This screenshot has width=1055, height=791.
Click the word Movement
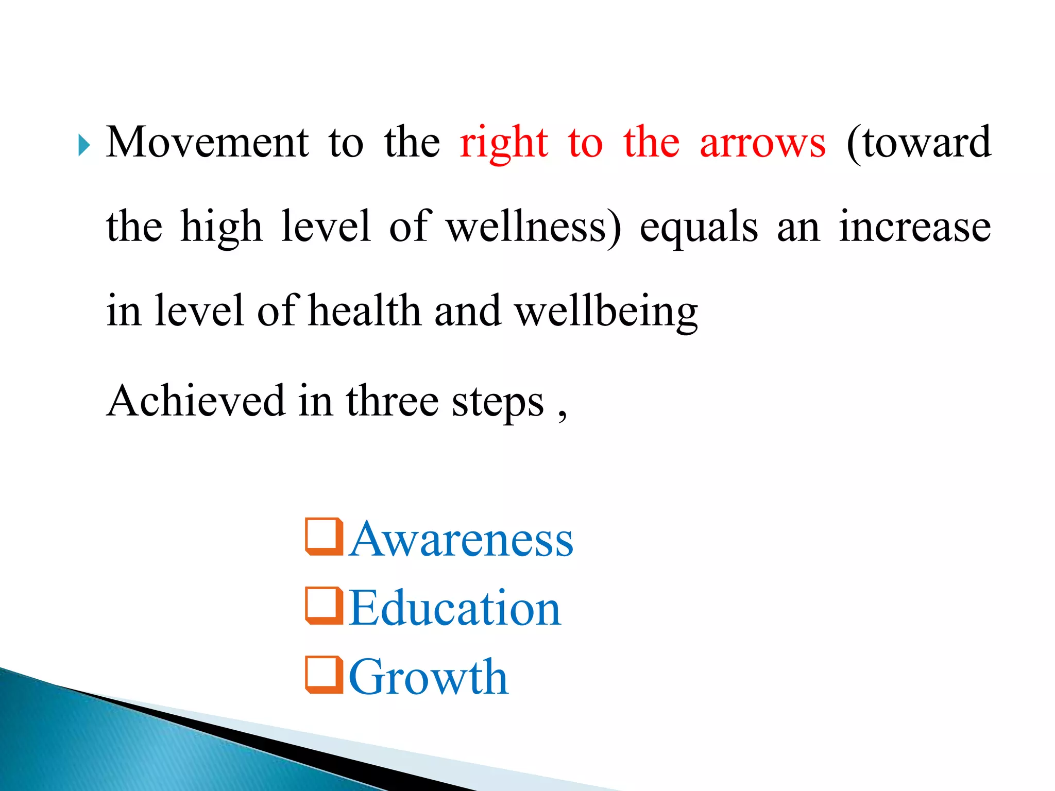[x=207, y=142]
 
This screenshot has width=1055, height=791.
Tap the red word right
[x=504, y=143]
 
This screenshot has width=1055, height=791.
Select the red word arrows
[x=762, y=143]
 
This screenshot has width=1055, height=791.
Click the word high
[x=222, y=228]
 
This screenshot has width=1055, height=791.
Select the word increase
[x=914, y=227]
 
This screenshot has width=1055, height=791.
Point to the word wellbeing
[x=607, y=312]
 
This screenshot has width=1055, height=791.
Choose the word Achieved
[x=196, y=401]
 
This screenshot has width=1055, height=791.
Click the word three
[x=393, y=401]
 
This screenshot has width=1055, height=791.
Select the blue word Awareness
[x=461, y=539]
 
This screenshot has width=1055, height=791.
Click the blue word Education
[x=454, y=608]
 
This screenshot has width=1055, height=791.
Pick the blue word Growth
[x=429, y=677]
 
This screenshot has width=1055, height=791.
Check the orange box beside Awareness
[x=324, y=537]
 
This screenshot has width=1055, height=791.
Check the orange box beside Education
[x=324, y=606]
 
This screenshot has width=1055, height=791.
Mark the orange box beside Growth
[x=324, y=675]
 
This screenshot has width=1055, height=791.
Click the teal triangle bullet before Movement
[x=84, y=145]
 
